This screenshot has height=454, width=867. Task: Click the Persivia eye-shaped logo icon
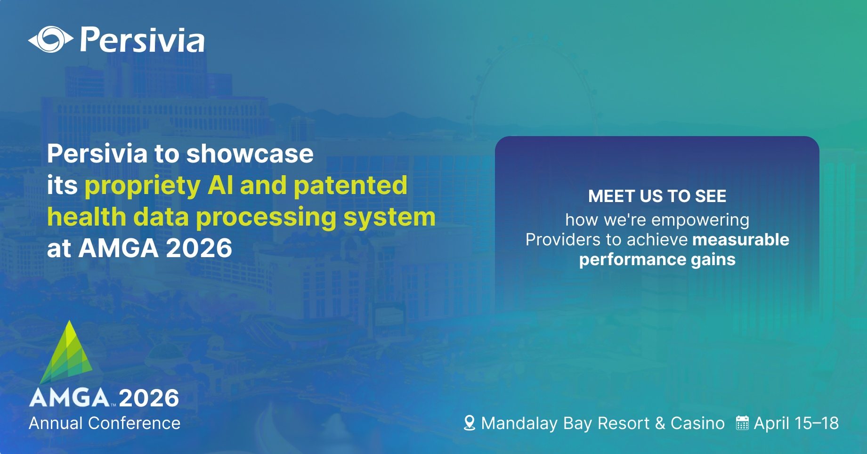tap(50, 40)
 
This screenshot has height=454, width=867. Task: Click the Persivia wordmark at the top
tap(142, 40)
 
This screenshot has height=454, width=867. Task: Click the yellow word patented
tap(350, 185)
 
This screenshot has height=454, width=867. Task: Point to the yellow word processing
tap(266, 218)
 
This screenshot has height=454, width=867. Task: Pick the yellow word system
tap(389, 217)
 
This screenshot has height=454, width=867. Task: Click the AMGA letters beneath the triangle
tap(70, 398)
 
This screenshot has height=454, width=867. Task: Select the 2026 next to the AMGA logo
tap(149, 398)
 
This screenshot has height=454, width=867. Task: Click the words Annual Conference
tap(105, 423)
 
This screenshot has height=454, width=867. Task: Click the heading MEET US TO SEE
tap(657, 196)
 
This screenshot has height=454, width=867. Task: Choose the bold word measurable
tap(740, 240)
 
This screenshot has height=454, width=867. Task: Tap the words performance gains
tap(657, 259)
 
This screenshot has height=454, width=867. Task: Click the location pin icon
tap(469, 423)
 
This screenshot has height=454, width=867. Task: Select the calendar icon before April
tap(742, 423)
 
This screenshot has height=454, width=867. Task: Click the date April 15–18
tap(796, 423)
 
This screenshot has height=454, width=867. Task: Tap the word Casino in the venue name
tap(697, 423)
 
